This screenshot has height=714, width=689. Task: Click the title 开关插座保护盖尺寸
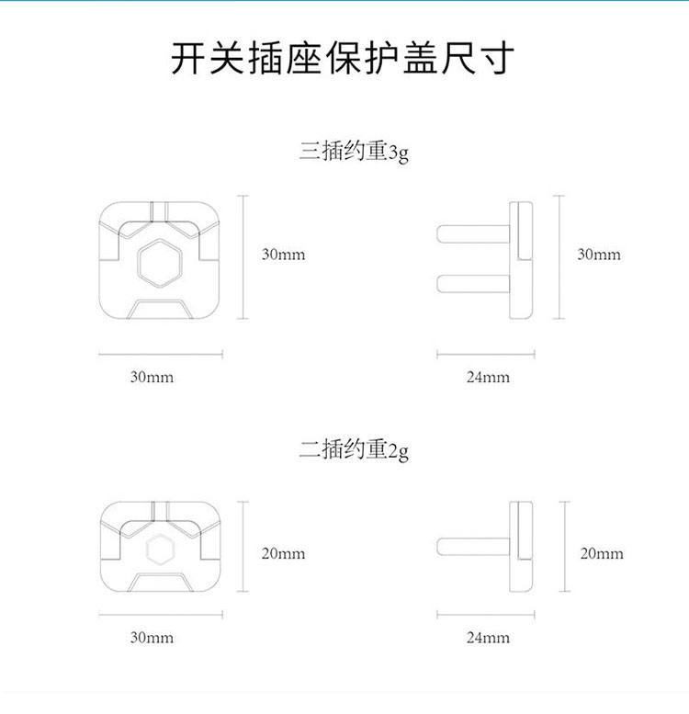point(343,58)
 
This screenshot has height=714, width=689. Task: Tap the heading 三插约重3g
point(354,152)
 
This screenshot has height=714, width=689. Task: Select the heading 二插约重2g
point(354,450)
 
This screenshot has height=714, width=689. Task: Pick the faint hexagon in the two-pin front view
point(161,550)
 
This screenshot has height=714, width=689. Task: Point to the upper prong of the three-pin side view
point(473,234)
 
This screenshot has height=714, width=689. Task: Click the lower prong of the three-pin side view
point(473,283)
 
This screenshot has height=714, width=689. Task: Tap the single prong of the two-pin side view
point(473,547)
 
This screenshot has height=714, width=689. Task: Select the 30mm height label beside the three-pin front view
point(283,255)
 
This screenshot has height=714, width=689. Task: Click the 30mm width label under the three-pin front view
point(152,377)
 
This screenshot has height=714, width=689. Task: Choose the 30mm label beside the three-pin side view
point(599,255)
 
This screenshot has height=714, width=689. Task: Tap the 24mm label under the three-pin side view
point(488,377)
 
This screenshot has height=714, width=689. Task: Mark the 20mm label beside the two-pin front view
point(283,554)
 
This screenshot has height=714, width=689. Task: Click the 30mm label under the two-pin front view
point(152,638)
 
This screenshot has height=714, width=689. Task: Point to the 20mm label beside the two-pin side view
point(602,554)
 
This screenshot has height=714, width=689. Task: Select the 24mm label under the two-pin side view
point(488,638)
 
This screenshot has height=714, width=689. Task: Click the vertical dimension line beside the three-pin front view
point(243,256)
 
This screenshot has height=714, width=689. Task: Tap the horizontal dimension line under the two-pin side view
point(486,615)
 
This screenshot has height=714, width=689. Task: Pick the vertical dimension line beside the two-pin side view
point(565,547)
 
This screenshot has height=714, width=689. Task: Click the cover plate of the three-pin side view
point(521,260)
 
